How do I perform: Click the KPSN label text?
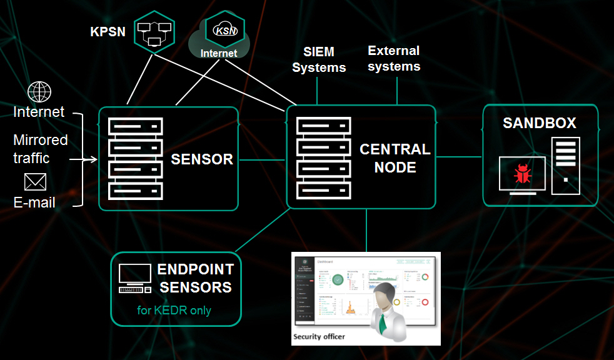109,31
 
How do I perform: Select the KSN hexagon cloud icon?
224,29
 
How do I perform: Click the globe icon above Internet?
39,92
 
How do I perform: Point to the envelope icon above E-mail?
35,182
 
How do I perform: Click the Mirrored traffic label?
41,149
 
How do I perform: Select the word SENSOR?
202,159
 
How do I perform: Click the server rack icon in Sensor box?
136,159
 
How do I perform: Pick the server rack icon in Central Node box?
323,159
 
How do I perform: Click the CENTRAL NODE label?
395,158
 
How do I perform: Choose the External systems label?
394,58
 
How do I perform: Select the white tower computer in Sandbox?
566,165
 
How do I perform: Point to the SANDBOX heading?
540,122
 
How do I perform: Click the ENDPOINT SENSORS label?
195,279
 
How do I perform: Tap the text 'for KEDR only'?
174,310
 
